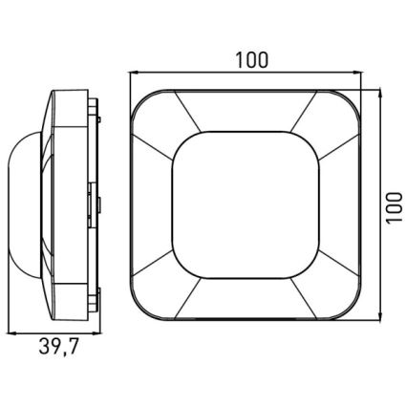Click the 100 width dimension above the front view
point(250,59)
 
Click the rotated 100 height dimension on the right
point(393,204)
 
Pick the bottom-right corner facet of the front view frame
point(342,297)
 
